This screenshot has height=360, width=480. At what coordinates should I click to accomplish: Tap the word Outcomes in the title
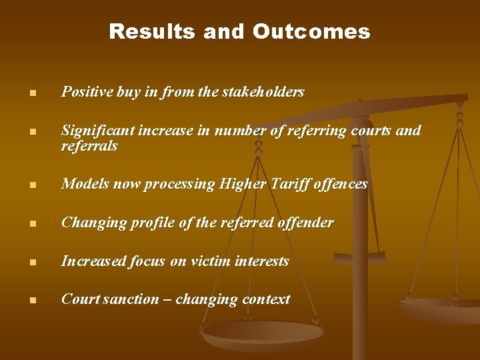coord(311,31)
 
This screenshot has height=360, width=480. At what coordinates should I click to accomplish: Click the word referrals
coord(89,146)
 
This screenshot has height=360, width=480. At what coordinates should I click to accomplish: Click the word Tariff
coord(292,184)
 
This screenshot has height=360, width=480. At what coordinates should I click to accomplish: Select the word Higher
coord(244,184)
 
